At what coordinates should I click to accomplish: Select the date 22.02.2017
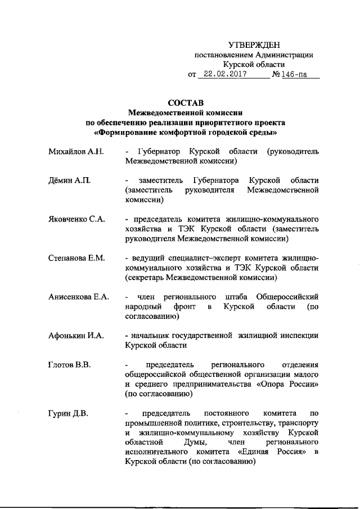click(x=222, y=74)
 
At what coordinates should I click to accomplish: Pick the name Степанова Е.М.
click(x=77, y=258)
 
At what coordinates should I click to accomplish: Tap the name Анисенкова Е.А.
click(x=79, y=296)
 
